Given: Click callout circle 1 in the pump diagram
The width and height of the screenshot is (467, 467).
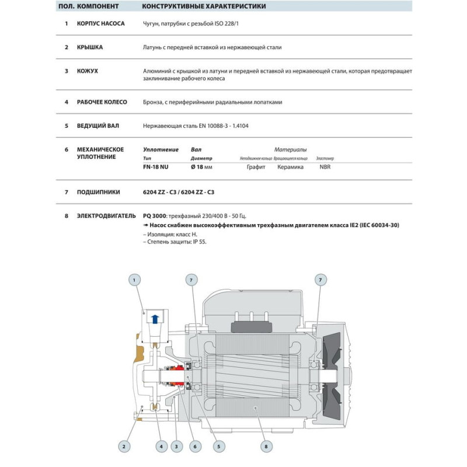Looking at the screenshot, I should tap(134, 280).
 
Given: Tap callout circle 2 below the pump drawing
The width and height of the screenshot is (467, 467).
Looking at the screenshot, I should tap(124, 447).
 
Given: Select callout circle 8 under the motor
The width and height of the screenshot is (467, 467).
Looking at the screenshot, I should tap(266, 447).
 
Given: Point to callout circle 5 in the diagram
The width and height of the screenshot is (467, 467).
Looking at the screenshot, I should tap(219, 447).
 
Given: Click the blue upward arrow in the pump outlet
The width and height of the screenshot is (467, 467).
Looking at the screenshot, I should tap(155, 319).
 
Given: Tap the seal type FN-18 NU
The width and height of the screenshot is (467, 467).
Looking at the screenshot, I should tap(156, 166).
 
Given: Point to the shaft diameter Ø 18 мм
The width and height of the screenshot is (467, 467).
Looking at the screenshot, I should tap(201, 166).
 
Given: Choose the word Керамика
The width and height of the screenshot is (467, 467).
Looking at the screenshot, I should tap(291, 166).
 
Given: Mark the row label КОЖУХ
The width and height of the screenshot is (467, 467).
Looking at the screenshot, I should tap(88, 71).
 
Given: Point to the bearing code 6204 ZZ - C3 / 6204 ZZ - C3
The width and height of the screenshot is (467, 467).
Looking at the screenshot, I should tap(183, 191).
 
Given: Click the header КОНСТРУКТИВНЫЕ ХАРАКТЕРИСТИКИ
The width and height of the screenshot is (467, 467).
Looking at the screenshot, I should tap(204, 7).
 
